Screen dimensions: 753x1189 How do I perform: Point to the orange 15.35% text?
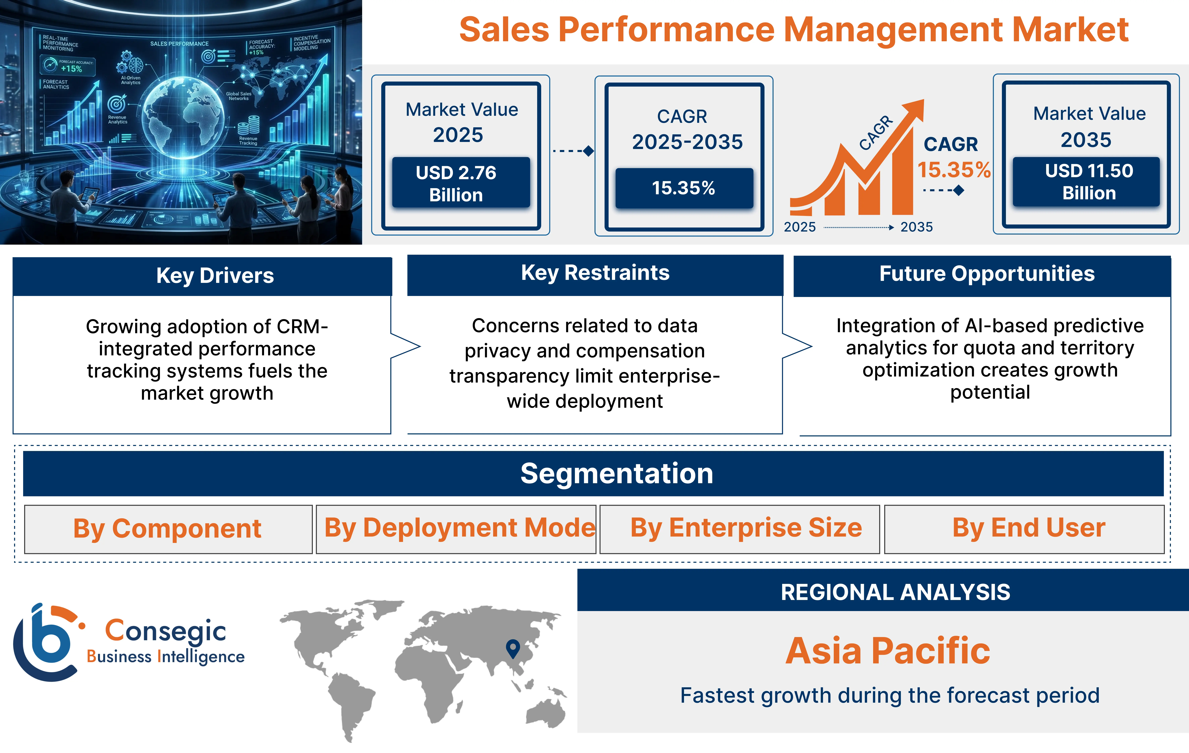[953, 170]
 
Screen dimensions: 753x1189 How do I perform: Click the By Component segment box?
[168, 529]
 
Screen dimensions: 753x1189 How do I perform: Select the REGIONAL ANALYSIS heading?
[895, 592]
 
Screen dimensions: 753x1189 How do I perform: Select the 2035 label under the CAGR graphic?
[916, 227]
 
